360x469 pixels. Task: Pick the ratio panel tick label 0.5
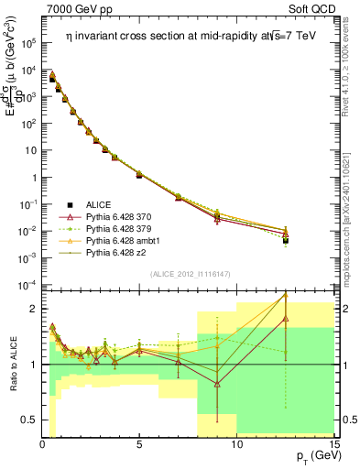(27, 420)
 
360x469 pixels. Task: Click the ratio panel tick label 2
(32, 309)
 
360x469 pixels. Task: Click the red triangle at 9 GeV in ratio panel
(217, 385)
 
